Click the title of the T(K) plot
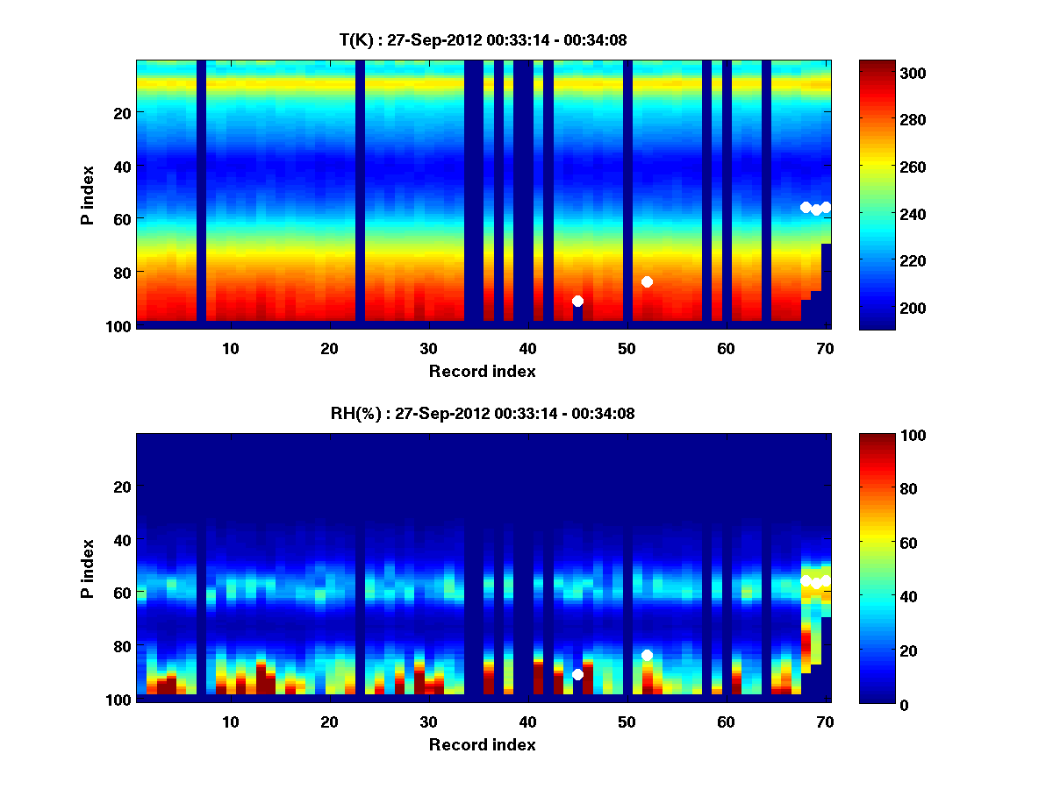point(483,39)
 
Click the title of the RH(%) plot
point(483,414)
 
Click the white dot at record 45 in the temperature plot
point(577,301)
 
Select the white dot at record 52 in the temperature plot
point(647,281)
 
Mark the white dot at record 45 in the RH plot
point(577,674)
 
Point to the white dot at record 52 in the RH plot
point(647,655)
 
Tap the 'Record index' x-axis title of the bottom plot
point(483,744)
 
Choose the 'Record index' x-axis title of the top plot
point(483,371)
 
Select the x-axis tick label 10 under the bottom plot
point(230,721)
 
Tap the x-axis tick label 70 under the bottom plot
point(825,721)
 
